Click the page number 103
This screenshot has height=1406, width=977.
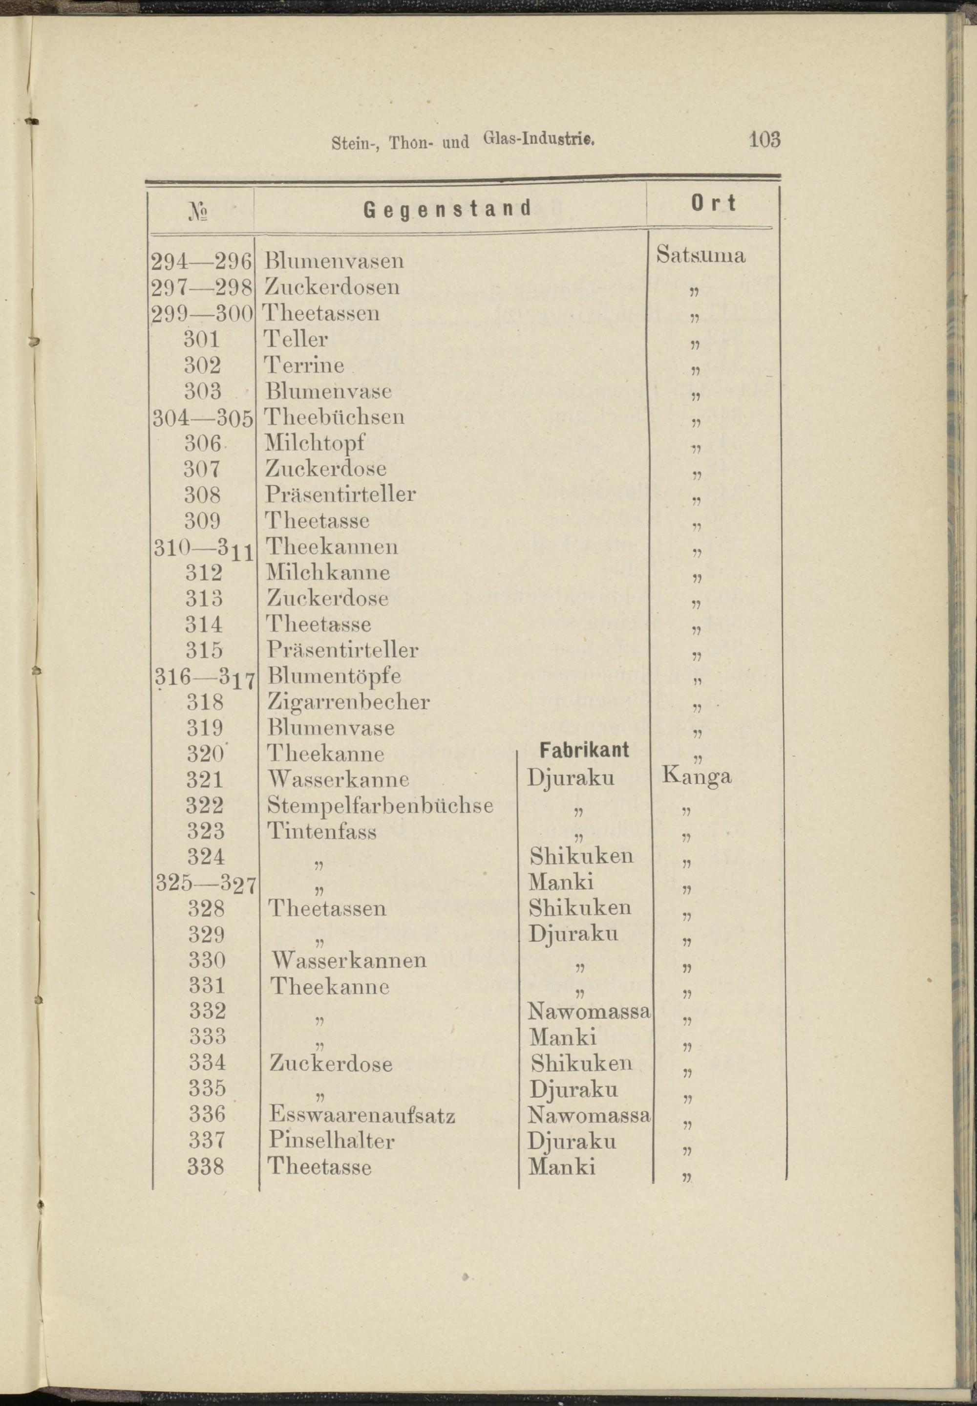[764, 140]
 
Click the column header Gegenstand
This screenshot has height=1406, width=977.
[447, 209]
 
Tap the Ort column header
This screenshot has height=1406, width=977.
[713, 203]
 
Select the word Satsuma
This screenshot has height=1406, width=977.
[701, 255]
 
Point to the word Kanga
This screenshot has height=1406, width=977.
[697, 777]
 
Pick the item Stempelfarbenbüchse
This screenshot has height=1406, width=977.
[380, 805]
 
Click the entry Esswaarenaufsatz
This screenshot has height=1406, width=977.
[362, 1115]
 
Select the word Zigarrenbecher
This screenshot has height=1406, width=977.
[348, 702]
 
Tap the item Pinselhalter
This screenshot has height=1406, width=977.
[331, 1141]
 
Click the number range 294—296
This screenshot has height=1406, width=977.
[201, 261]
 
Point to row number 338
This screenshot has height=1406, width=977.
[206, 1167]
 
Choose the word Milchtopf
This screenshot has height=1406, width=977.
[315, 443]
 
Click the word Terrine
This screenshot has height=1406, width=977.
[304, 366]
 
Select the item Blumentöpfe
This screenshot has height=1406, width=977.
[334, 676]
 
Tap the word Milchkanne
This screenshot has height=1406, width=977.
[328, 573]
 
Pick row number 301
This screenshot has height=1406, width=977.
[202, 339]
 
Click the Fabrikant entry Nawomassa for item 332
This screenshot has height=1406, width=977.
[588, 1012]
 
